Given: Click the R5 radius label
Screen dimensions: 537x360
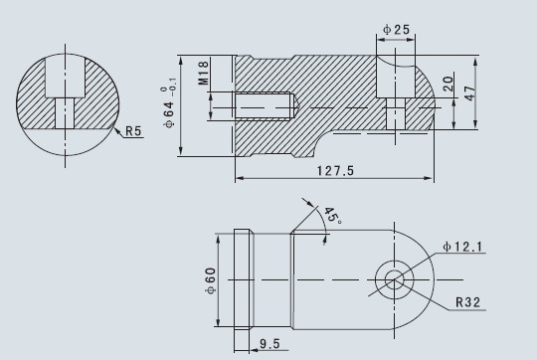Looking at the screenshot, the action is pyautogui.click(x=133, y=131).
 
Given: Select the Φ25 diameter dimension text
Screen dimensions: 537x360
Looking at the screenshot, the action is pyautogui.click(x=396, y=30).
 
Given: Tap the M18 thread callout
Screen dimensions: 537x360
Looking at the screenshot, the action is pyautogui.click(x=203, y=73).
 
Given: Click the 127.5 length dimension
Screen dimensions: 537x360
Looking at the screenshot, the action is pyautogui.click(x=335, y=171).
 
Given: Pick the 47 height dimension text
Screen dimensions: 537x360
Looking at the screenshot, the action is pyautogui.click(x=469, y=93).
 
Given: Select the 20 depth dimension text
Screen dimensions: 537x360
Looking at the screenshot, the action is pyautogui.click(x=447, y=84).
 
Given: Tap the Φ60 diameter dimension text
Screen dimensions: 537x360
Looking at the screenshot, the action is pyautogui.click(x=211, y=280).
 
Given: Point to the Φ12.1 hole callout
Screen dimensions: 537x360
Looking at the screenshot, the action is pyautogui.click(x=462, y=247).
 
